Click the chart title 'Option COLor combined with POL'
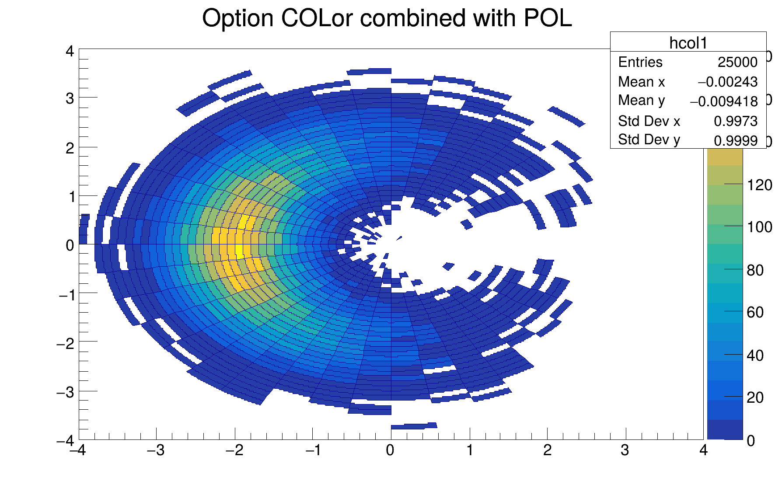tap(387, 18)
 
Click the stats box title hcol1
tap(688, 43)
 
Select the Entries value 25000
tap(737, 62)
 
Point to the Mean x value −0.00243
tap(727, 82)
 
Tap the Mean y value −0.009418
tap(724, 101)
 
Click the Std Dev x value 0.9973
tap(736, 121)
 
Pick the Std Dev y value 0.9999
tap(736, 140)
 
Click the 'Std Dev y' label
tap(649, 140)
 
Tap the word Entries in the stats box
tap(640, 62)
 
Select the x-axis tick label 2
tap(547, 450)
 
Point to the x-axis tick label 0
tap(390, 450)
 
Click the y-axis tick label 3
tap(70, 98)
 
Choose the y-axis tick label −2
tap(66, 344)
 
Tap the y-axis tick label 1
tap(70, 197)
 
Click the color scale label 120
tap(760, 185)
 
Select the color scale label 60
tap(755, 312)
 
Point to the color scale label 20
tap(755, 397)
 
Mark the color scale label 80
tap(755, 270)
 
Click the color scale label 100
tap(760, 227)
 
